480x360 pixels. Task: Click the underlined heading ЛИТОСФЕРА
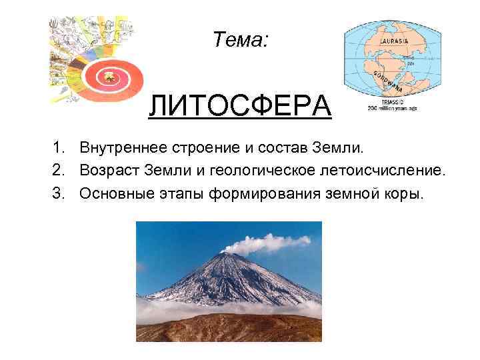pos(239,105)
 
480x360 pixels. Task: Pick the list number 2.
pos(59,171)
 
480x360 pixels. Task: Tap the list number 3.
pos(59,195)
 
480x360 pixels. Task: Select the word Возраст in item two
pos(110,171)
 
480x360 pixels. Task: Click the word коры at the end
pos(403,195)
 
